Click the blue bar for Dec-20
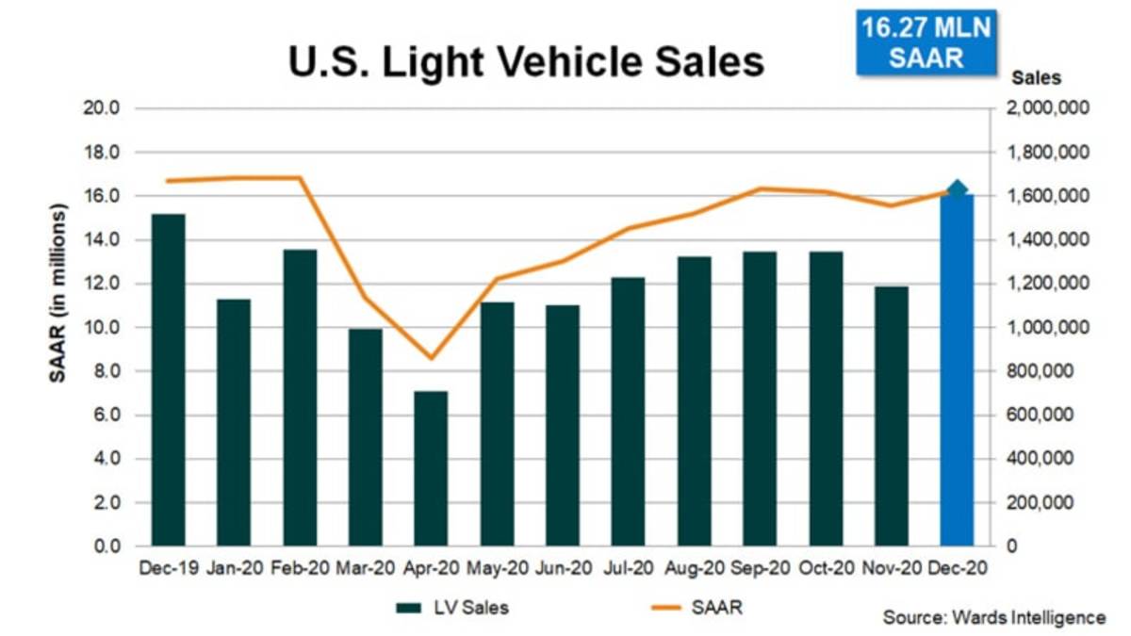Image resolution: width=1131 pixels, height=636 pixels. point(957,372)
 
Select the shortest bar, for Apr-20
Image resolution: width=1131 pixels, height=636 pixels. point(432,468)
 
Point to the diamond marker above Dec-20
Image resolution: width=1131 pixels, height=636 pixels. point(957,190)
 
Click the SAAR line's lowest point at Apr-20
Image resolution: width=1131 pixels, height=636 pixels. point(432,358)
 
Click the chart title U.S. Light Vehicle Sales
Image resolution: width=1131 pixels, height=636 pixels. point(526,61)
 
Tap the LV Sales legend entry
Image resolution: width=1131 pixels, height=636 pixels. point(452,608)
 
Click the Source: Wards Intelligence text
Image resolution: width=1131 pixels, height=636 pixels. point(994,618)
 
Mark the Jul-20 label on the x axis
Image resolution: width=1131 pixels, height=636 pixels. point(629,568)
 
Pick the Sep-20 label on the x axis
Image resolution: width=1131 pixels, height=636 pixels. point(760,568)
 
